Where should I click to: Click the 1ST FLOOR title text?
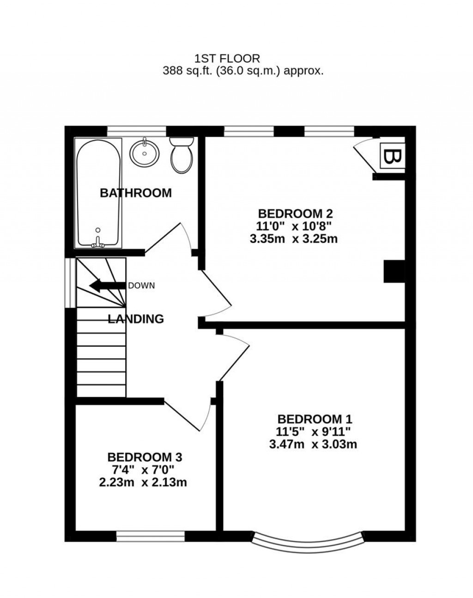click(227, 58)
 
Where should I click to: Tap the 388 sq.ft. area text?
click(243, 71)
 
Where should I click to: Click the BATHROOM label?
click(135, 193)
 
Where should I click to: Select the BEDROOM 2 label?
click(295, 214)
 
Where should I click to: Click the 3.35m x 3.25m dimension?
click(295, 239)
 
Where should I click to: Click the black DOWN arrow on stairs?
click(107, 286)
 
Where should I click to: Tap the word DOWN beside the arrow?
click(141, 286)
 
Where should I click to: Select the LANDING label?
click(135, 318)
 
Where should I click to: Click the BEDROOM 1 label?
click(315, 419)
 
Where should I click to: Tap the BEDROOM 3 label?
click(145, 457)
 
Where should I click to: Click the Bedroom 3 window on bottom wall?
click(150, 536)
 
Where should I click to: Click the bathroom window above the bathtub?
click(136, 131)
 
